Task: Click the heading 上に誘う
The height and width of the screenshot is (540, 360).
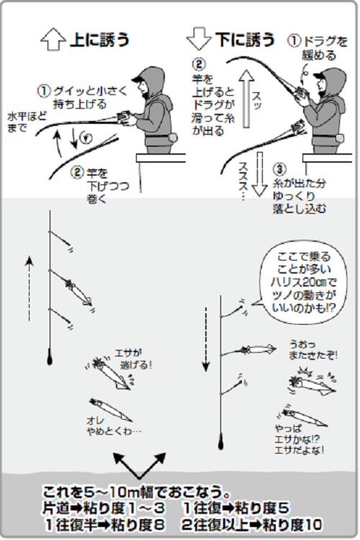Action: pyautogui.click(x=100, y=41)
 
